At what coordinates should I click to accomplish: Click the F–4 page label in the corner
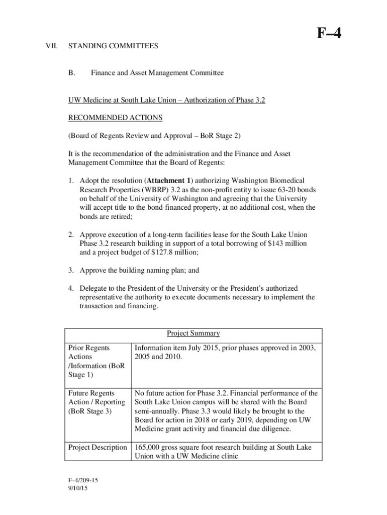pyautogui.click(x=329, y=34)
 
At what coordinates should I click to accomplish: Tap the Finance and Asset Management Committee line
pyautogui.click(x=157, y=73)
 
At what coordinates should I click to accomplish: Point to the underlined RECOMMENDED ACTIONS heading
pyautogui.click(x=115, y=118)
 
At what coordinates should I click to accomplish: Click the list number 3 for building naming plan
pyautogui.click(x=71, y=271)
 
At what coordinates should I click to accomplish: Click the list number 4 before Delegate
pyautogui.click(x=71, y=289)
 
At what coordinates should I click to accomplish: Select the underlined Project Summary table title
pyautogui.click(x=193, y=333)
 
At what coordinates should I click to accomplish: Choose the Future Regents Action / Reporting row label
pyautogui.click(x=96, y=402)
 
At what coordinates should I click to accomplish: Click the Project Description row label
pyautogui.click(x=98, y=448)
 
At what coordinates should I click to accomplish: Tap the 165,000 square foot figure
pyautogui.click(x=148, y=448)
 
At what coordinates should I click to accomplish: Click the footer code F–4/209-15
pyautogui.click(x=83, y=481)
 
